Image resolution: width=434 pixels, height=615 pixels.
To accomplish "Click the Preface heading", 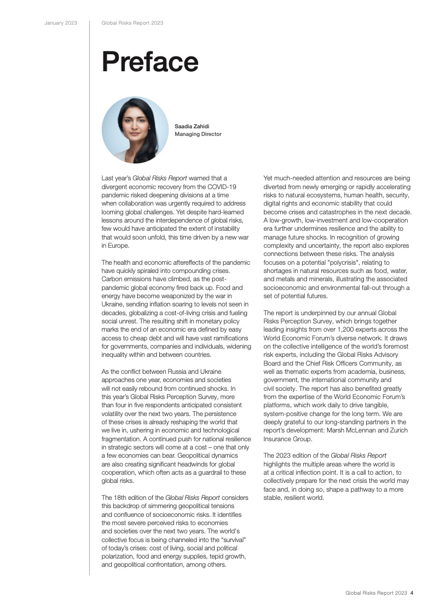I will click(x=150, y=62).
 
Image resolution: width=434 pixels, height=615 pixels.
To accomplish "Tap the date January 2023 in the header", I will click(x=61, y=23).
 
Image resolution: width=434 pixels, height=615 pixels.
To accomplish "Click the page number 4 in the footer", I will click(x=412, y=593).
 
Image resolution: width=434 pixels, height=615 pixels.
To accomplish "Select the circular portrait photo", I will click(x=135, y=130).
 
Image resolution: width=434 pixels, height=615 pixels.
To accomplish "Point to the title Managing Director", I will click(x=198, y=134).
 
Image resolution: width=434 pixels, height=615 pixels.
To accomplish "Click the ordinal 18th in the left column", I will click(x=123, y=498).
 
